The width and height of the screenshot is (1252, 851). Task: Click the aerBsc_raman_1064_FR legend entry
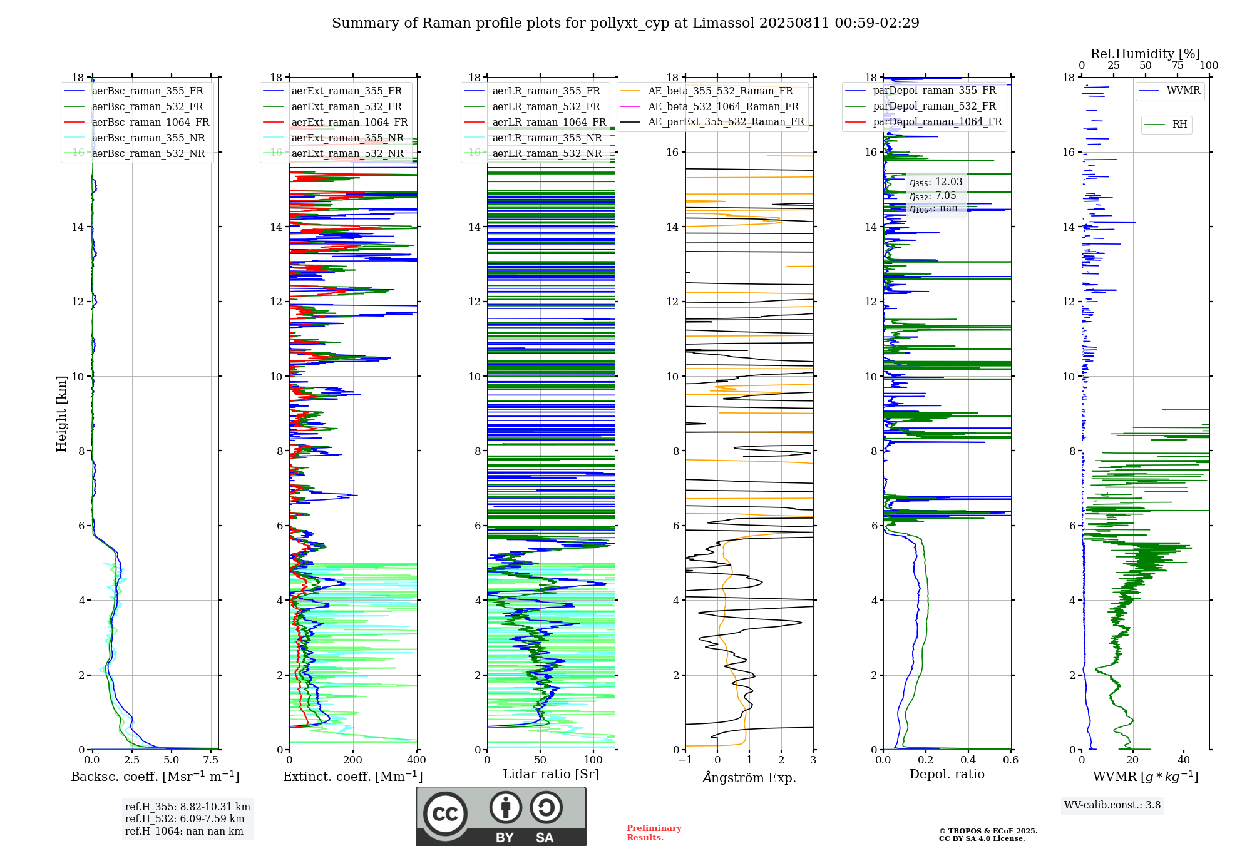pos(150,123)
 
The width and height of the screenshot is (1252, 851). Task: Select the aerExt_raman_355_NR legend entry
pos(347,138)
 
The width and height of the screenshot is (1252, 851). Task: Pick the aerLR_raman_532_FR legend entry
pos(546,107)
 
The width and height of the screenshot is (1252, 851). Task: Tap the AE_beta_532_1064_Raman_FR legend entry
pos(723,107)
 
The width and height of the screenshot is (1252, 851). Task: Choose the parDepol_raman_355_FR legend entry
pos(934,91)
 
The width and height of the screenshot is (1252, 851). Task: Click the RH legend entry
pos(1179,125)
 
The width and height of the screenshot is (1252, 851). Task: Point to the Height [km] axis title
pos(61,414)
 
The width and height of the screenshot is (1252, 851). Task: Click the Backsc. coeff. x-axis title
pos(155,777)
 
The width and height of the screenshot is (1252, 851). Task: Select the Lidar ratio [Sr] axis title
pos(551,775)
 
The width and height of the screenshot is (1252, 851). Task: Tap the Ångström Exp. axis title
pos(749,778)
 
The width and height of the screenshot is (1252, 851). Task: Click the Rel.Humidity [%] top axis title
pos(1145,54)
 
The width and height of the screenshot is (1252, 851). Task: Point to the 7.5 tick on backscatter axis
pos(211,760)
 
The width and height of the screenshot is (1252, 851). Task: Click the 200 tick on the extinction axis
pos(353,760)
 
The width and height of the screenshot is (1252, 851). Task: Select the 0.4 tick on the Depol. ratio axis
pos(968,760)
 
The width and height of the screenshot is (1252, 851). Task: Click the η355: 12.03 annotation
pos(936,182)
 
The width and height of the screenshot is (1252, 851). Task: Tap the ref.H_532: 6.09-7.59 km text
pos(185,819)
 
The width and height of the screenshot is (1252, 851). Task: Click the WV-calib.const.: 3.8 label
pos(1112,805)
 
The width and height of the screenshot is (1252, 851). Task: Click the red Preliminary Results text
pos(654,833)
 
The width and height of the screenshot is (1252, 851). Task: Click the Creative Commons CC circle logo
pos(445,814)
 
